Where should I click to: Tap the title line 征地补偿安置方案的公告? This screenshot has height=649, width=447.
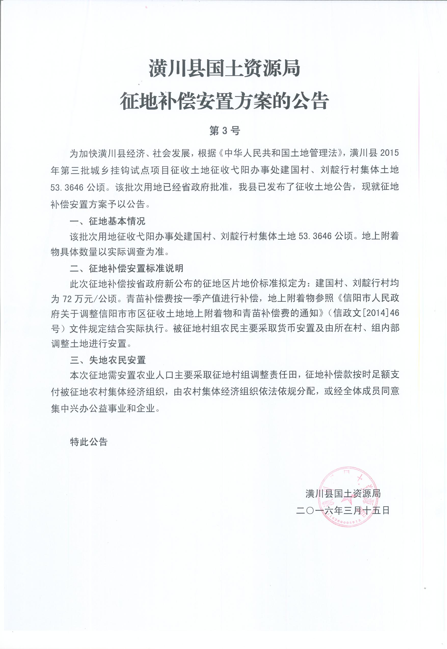[224, 101]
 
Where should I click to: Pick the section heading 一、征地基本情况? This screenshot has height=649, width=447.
[107, 221]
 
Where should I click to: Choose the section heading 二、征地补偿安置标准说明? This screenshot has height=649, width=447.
[127, 269]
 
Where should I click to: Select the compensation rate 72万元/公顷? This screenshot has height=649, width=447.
[90, 299]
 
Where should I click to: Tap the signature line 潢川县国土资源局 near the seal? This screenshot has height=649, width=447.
[343, 493]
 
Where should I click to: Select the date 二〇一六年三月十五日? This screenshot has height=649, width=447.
[343, 511]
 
